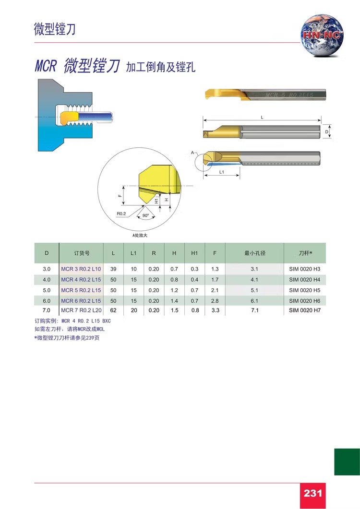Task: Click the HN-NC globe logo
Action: click(x=321, y=36)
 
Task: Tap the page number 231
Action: click(x=312, y=494)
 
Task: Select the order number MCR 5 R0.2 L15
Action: click(x=81, y=290)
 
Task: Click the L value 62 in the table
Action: click(x=113, y=310)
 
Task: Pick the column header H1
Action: click(x=194, y=253)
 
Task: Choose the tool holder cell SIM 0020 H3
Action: click(x=304, y=269)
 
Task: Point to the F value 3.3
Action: click(x=215, y=310)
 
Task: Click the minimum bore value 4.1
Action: click(x=254, y=280)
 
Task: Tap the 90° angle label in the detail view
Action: click(x=145, y=215)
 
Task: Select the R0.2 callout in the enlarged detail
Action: click(x=121, y=213)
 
